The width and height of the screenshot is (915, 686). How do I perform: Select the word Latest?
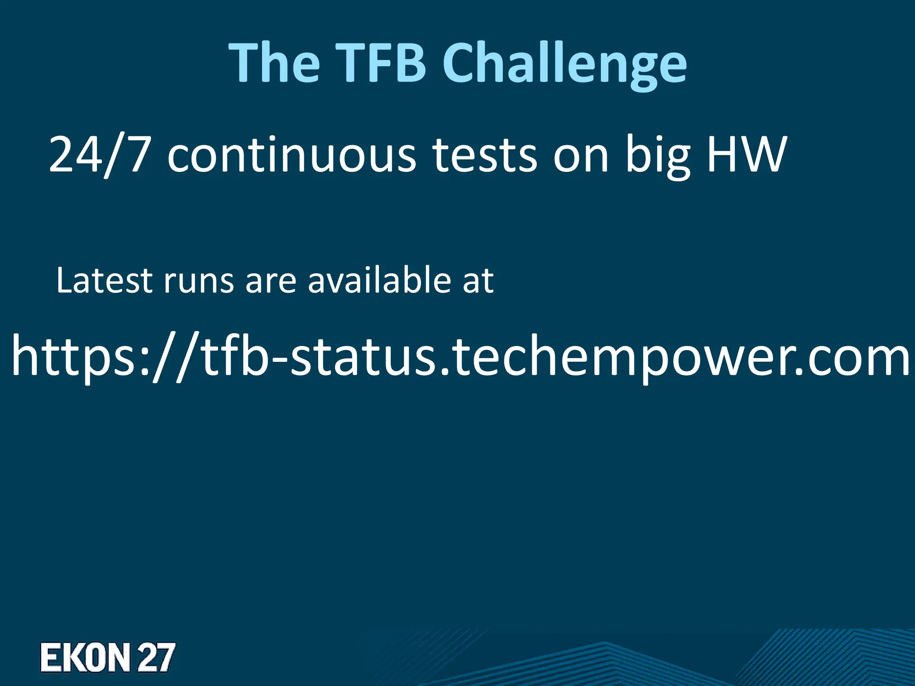tap(105, 281)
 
